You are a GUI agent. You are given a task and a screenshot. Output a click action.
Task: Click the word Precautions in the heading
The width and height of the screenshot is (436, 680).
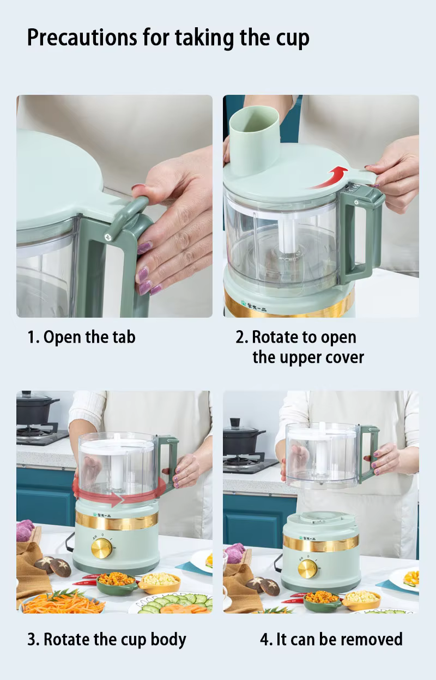tap(82, 38)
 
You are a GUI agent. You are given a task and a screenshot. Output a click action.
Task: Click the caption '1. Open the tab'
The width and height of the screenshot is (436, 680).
tap(81, 338)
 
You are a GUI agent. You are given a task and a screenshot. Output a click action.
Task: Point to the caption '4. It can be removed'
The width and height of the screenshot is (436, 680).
tap(331, 639)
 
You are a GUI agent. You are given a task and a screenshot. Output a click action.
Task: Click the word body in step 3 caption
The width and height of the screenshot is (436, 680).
tap(168, 640)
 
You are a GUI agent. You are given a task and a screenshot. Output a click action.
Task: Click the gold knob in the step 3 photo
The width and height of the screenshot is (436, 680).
tap(102, 548)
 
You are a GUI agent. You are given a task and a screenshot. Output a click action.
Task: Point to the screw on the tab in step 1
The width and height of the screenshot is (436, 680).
tap(107, 237)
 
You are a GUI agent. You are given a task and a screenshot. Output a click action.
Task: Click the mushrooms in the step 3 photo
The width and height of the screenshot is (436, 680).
tap(53, 566)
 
